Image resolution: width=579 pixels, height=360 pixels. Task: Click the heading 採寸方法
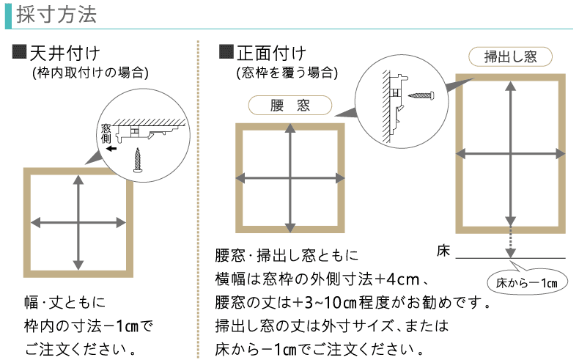coord(56,15)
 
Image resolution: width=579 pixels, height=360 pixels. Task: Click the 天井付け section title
coord(64,54)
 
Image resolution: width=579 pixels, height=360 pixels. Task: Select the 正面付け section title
coord(271,54)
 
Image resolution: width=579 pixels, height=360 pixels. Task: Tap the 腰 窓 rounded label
coord(290,106)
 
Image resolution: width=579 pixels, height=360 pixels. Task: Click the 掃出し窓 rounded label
coord(510,57)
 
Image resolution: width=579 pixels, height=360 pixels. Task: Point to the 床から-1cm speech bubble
coord(527,282)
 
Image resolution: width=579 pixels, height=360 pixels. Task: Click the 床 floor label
coord(443,251)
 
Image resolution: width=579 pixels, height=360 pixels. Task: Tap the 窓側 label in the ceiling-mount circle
coord(106,133)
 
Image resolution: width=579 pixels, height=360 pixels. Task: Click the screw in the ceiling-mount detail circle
coord(138,160)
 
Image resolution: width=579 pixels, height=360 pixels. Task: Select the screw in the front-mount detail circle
coord(421,95)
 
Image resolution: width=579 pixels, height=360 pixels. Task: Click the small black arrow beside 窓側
coord(111,149)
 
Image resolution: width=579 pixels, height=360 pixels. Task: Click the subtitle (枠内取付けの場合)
coord(90,73)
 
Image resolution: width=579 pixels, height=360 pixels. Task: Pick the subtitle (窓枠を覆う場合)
coord(287,73)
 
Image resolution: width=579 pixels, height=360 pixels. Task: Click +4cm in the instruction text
coord(397,279)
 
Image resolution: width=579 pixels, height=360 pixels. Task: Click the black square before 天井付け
coord(19,52)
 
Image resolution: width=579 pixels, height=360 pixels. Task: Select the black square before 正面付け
coord(226,52)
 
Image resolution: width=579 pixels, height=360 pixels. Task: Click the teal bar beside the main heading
coord(8,16)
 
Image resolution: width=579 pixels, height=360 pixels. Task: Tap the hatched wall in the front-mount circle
coord(386,106)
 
